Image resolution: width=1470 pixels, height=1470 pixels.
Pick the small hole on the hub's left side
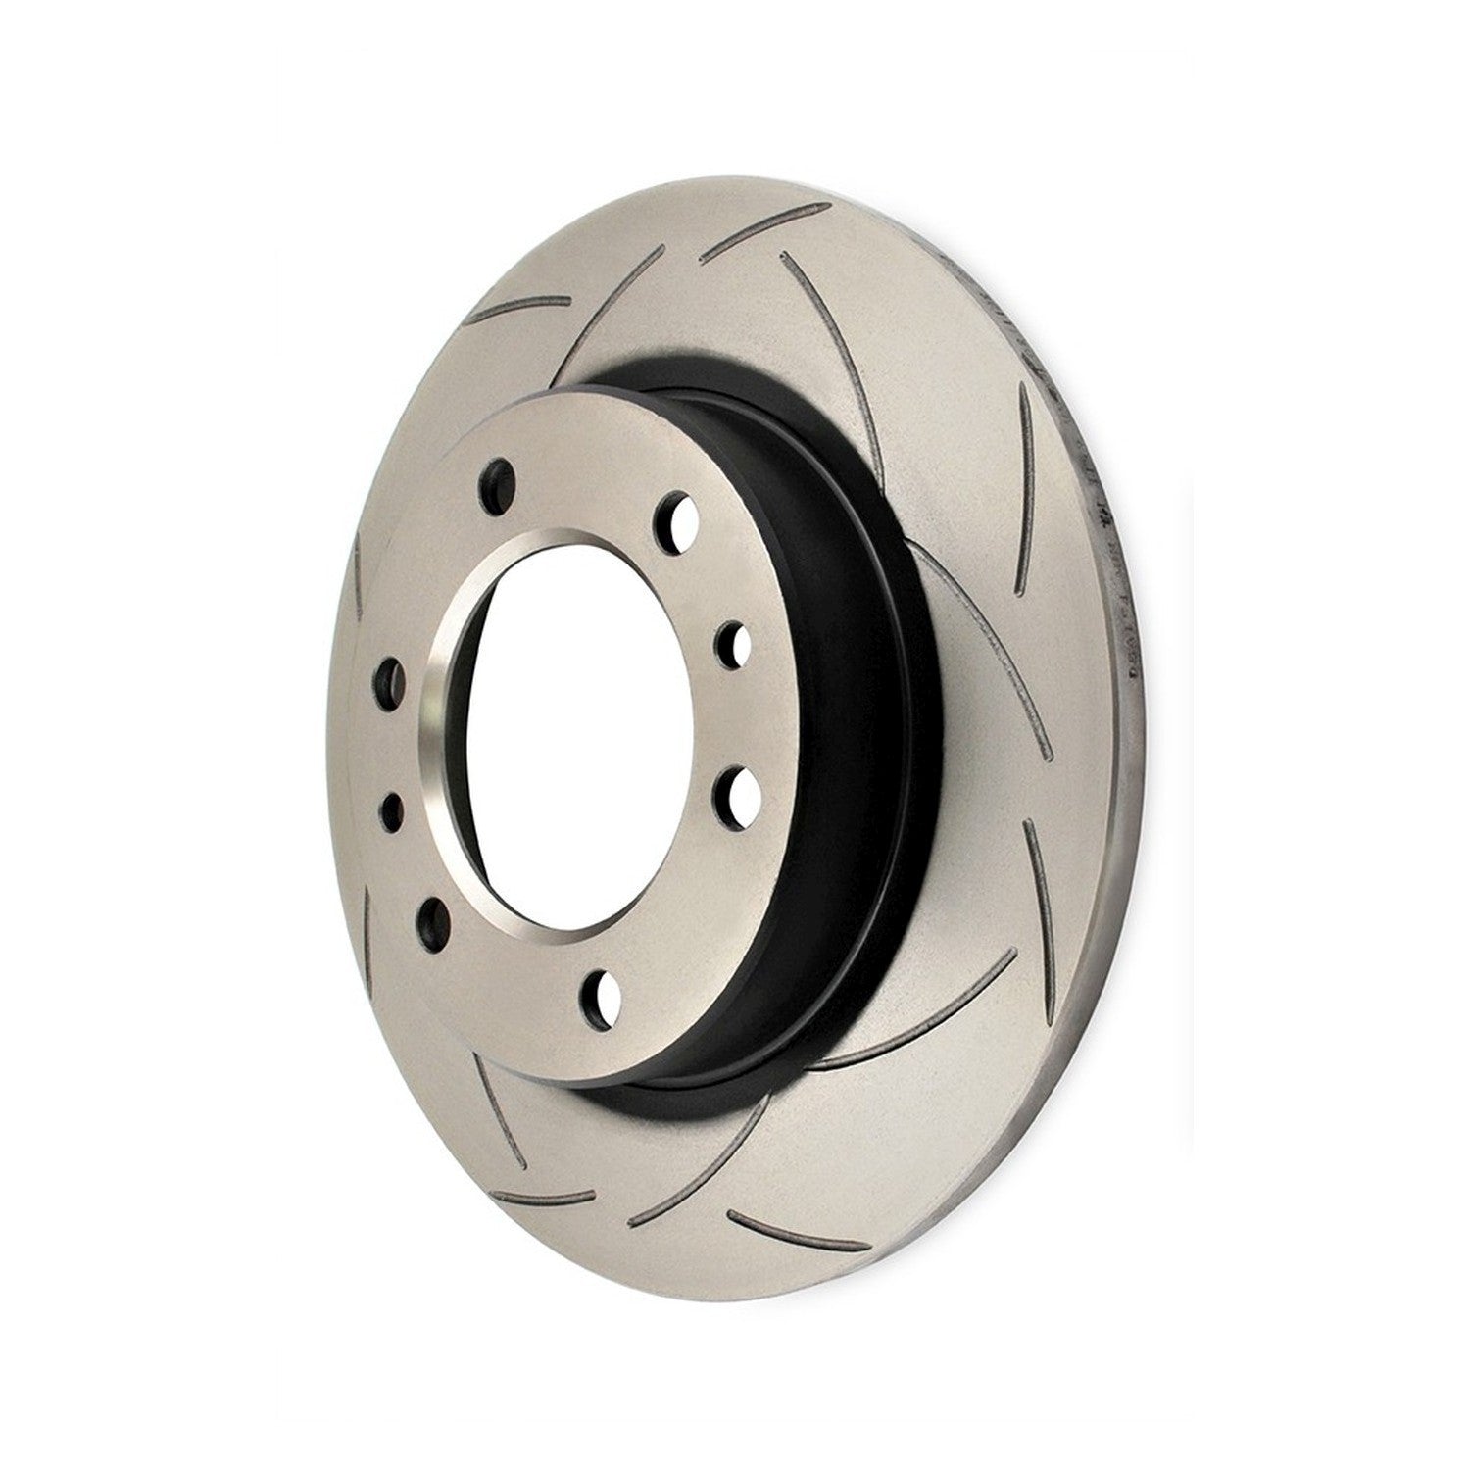click(x=392, y=808)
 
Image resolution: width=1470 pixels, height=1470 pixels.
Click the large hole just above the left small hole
click(x=389, y=676)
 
